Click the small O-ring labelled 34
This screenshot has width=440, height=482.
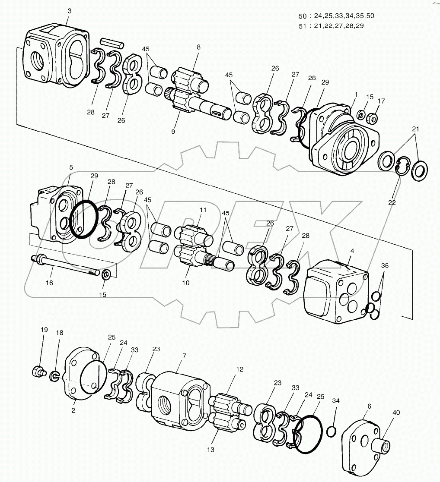[x=332, y=431]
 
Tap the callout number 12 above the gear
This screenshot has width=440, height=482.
[x=240, y=369]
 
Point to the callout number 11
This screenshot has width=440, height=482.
[x=203, y=210]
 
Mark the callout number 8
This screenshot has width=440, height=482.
[x=198, y=47]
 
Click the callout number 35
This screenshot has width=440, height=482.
[x=384, y=266]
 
